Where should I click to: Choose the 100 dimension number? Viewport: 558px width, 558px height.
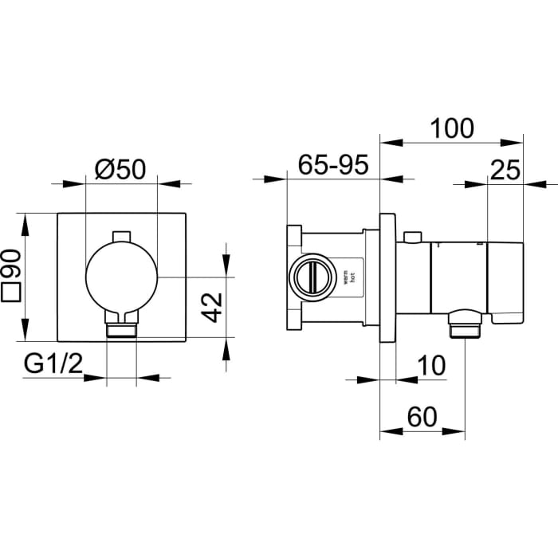(451, 128)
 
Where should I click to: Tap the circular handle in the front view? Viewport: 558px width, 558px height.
(121, 275)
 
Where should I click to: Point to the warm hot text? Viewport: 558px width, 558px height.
(348, 277)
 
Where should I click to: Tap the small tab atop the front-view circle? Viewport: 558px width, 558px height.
(121, 236)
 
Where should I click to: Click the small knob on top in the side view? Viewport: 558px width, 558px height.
(412, 238)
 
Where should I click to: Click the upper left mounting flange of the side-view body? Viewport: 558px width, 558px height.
(293, 236)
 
